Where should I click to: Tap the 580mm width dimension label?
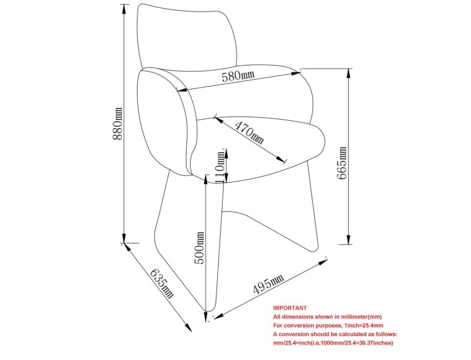[x=238, y=76]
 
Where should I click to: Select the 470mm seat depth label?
[x=249, y=132]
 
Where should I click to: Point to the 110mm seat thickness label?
[x=221, y=167]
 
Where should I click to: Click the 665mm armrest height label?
[x=341, y=163]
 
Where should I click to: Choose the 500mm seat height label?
[x=199, y=248]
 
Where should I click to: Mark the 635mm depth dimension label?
[x=162, y=283]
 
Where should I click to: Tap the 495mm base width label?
[x=268, y=284]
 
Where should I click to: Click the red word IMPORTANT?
[x=290, y=308]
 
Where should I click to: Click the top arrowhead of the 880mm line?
[x=124, y=9]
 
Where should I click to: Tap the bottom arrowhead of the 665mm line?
[x=349, y=239]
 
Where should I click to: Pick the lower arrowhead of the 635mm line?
[x=188, y=327]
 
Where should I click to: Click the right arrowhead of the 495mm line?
[x=323, y=262]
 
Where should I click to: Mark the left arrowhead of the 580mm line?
[x=182, y=90]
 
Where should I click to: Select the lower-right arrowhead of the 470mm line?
[x=280, y=160]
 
